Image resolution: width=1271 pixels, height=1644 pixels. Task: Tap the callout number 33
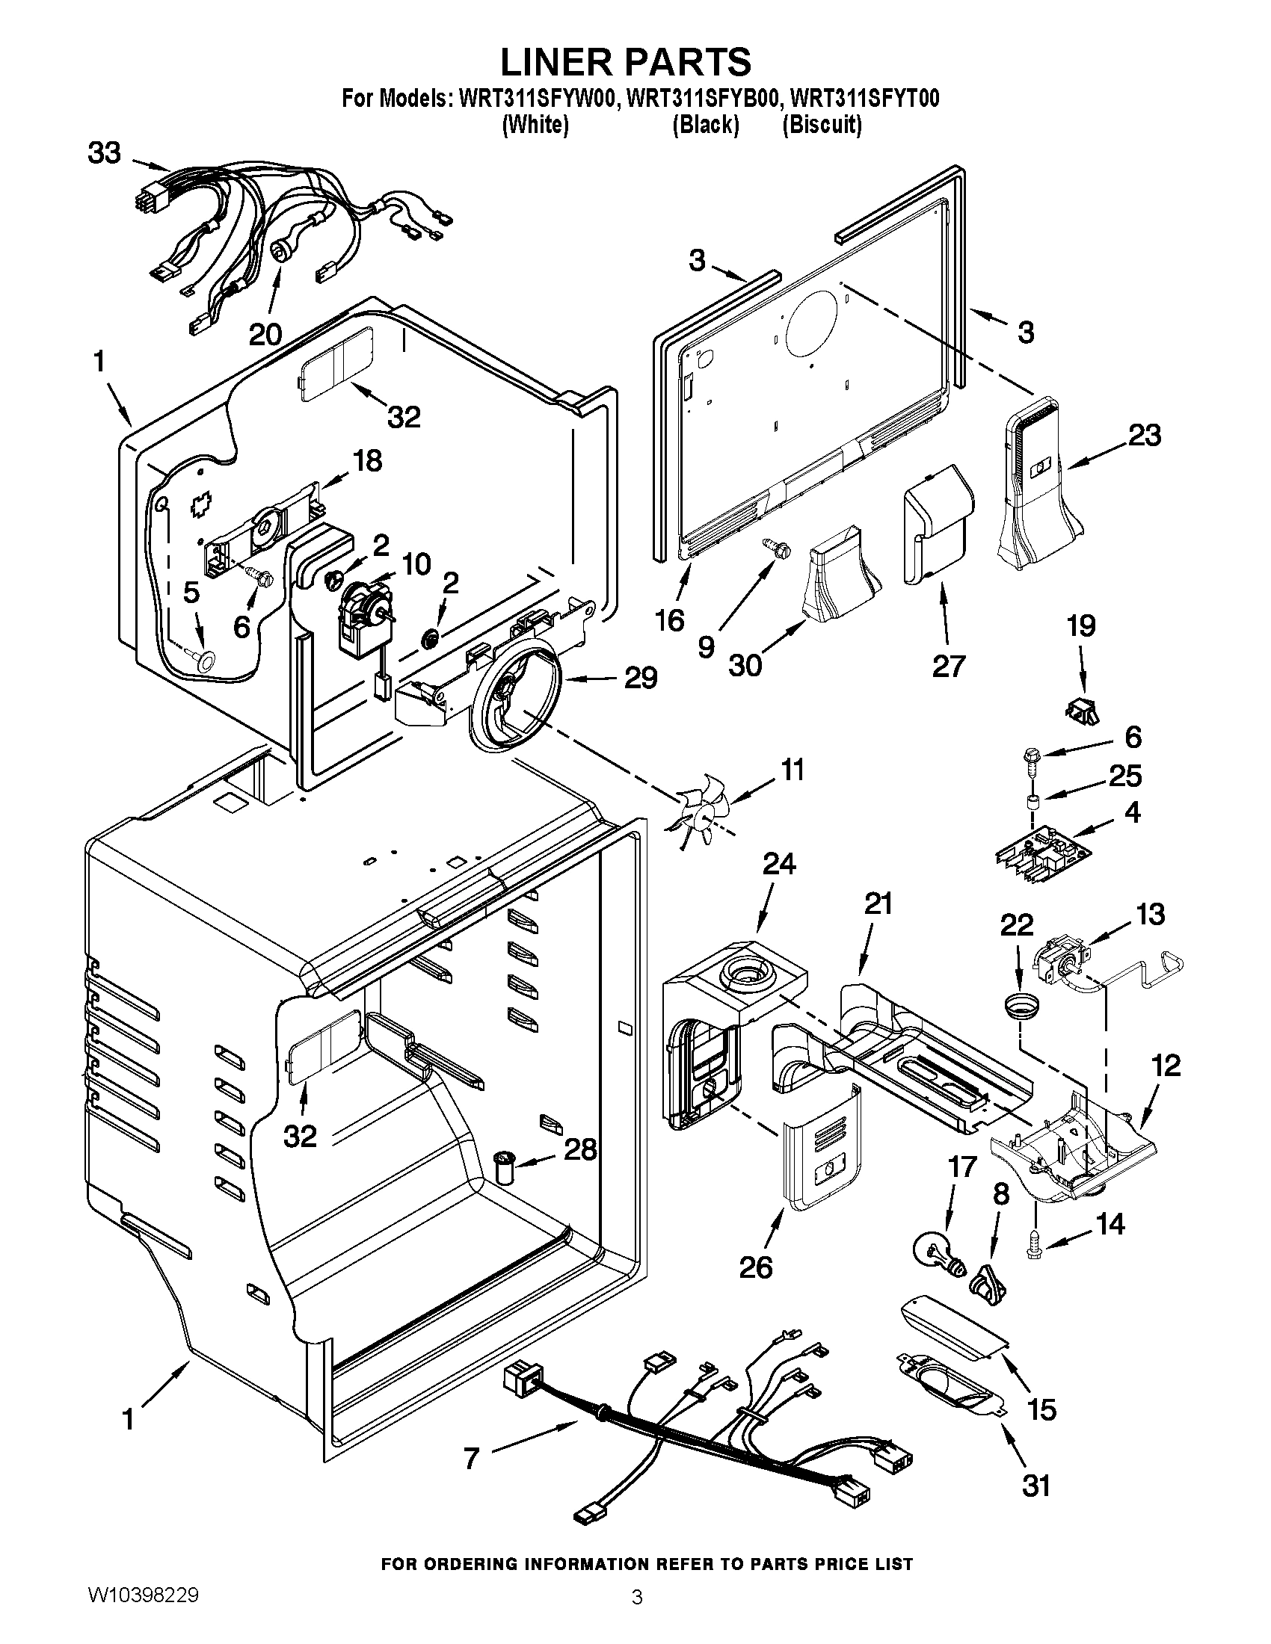point(104,153)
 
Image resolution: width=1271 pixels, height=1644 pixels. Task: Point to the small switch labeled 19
point(1083,709)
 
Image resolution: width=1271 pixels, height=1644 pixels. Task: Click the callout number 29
point(640,678)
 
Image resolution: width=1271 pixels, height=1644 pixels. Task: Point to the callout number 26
point(755,1267)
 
